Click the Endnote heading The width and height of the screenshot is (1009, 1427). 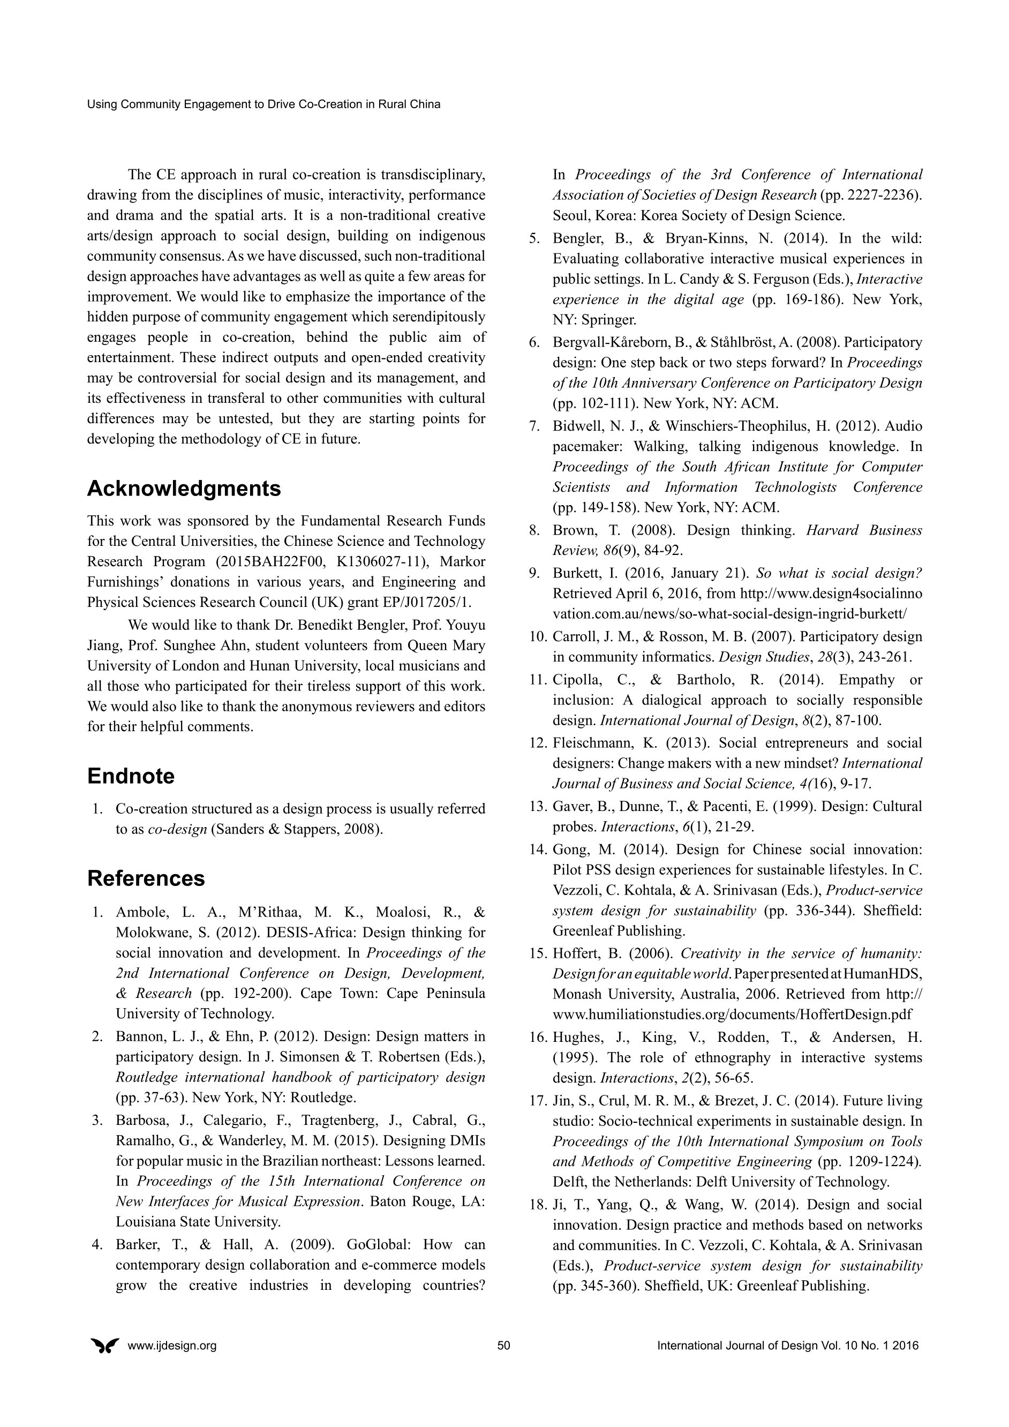[x=131, y=776]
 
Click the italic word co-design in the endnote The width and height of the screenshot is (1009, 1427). [x=177, y=829]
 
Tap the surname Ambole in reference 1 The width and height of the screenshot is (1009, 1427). [x=142, y=912]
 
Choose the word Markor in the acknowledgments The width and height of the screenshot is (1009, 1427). [x=462, y=561]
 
